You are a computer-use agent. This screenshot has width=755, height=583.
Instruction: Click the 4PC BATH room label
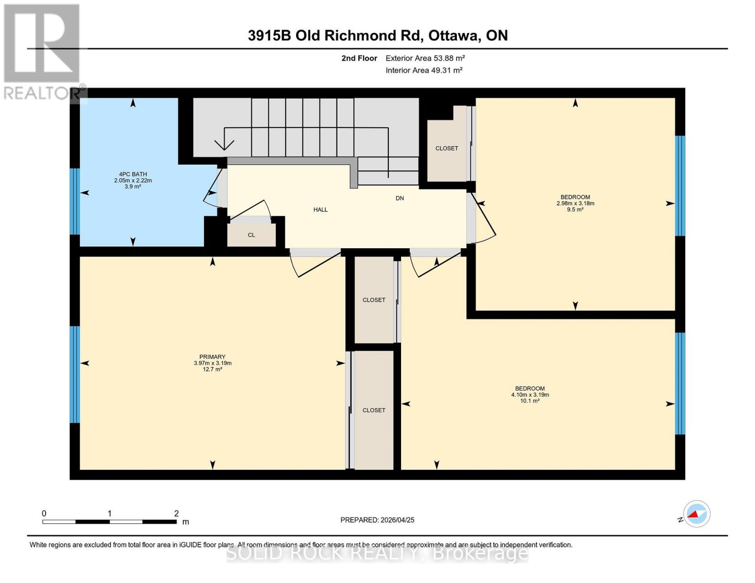(133, 174)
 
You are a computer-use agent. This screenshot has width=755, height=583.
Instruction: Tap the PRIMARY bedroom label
(212, 357)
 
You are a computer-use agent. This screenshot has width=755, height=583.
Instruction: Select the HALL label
(320, 209)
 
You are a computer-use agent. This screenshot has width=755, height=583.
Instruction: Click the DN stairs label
(400, 198)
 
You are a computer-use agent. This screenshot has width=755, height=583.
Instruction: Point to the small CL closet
(251, 235)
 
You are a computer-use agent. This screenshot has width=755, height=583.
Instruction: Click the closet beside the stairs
(446, 148)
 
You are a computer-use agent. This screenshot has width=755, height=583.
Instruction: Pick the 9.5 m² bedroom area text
(575, 209)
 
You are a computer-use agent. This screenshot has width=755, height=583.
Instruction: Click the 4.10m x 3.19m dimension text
(530, 394)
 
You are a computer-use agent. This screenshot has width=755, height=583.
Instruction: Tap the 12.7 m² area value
(212, 369)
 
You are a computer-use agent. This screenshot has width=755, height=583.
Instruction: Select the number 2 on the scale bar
(176, 513)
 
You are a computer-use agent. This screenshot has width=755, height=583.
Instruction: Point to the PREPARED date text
(377, 520)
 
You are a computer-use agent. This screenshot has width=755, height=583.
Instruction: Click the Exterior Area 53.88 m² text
(425, 58)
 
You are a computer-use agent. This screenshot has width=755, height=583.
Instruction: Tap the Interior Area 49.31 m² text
(424, 70)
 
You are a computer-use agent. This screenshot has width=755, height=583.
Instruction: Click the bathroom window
(75, 202)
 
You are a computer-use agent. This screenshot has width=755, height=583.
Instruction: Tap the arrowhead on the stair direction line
(224, 145)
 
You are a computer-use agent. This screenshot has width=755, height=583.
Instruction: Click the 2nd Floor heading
(359, 58)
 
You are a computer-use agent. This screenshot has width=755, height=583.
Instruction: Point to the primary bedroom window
(75, 374)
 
